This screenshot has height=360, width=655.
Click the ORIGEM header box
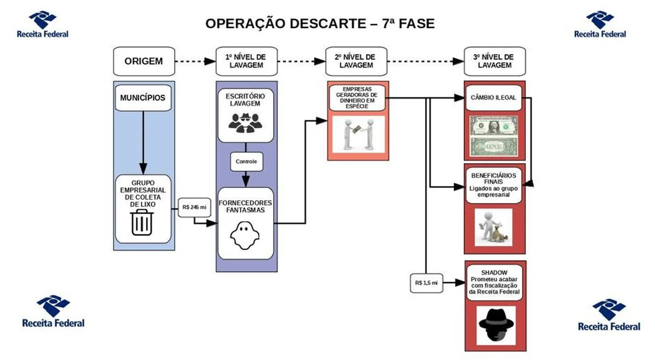pyautogui.click(x=144, y=61)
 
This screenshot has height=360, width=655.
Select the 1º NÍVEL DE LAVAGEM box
pyautogui.click(x=247, y=61)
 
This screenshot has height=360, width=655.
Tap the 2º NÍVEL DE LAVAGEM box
pyautogui.click(x=356, y=61)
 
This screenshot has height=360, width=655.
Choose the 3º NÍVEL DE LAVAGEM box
pyautogui.click(x=495, y=61)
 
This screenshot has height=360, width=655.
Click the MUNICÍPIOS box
pyautogui.click(x=143, y=98)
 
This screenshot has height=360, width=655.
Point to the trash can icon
pyautogui.click(x=142, y=222)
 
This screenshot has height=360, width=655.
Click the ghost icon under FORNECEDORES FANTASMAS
pyautogui.click(x=245, y=235)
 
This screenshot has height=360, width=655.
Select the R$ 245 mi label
pyautogui.click(x=194, y=207)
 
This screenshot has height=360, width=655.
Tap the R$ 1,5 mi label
pyautogui.click(x=426, y=283)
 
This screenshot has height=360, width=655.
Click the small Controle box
pyautogui.click(x=247, y=162)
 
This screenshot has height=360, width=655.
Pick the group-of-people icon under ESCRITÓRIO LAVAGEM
pyautogui.click(x=245, y=123)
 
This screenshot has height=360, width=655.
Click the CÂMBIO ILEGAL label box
pyautogui.click(x=493, y=98)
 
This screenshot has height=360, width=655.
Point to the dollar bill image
pyautogui.click(x=493, y=136)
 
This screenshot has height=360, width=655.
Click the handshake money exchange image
pyautogui.click(x=359, y=134)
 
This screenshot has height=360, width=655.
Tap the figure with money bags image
pyautogui.click(x=493, y=227)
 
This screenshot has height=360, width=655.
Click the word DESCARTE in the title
pyautogui.click(x=328, y=24)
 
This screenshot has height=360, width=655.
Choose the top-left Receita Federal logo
pyautogui.click(x=43, y=25)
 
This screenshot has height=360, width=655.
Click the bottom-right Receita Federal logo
pyautogui.click(x=609, y=315)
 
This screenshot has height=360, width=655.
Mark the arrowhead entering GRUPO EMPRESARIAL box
pyautogui.click(x=143, y=169)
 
